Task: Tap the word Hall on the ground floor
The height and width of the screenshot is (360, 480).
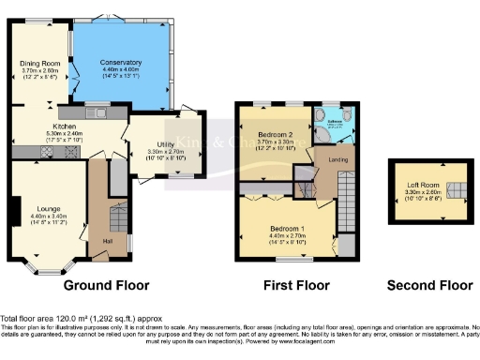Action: [x=109, y=241]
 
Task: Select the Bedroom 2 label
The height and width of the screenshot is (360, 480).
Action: [x=274, y=135]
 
